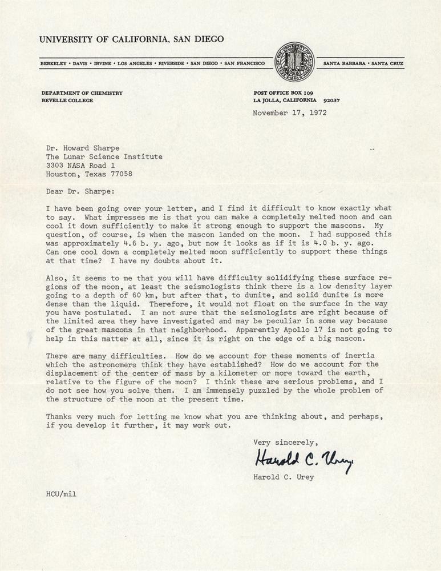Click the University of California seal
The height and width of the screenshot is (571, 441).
(294, 62)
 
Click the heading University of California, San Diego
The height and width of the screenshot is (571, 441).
(131, 39)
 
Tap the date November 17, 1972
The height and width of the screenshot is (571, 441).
(290, 112)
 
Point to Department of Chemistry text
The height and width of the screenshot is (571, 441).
(82, 93)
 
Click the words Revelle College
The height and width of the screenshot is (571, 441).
(67, 100)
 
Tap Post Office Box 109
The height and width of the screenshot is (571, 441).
(282, 93)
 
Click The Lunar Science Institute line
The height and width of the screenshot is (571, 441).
(104, 156)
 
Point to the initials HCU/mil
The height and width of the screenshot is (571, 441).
(61, 494)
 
